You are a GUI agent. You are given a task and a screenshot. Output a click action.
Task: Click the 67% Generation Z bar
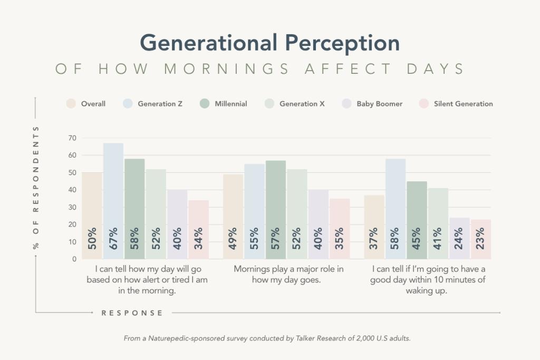click(113, 201)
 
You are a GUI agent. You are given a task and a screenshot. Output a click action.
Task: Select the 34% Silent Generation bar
click(198, 230)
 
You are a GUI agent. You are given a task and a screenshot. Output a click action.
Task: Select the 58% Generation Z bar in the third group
click(396, 209)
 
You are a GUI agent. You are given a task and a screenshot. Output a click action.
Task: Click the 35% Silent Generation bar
click(340, 229)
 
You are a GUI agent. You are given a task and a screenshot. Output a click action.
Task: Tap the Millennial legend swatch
click(205, 104)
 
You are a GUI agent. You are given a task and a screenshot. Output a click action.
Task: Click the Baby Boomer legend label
click(379, 104)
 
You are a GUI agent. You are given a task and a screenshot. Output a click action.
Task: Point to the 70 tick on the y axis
click(72, 138)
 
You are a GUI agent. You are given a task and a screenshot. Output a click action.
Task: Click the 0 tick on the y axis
click(74, 259)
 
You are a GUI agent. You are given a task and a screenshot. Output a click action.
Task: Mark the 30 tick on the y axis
click(72, 207)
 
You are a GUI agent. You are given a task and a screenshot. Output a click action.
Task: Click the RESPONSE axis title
click(132, 313)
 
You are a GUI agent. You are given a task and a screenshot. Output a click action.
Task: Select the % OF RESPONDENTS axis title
click(36, 187)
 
